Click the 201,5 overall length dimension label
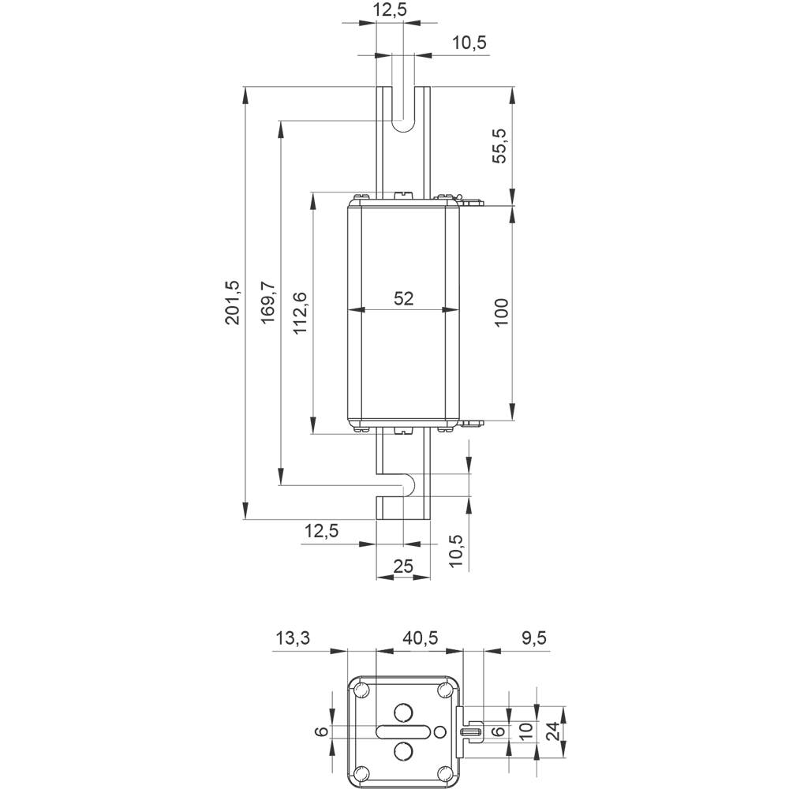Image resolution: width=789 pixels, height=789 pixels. pos(232,302)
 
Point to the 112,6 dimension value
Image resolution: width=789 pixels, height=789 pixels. pos(300,313)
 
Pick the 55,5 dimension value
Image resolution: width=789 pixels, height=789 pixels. pos(501,145)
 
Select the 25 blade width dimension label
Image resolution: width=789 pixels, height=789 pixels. pos(403,565)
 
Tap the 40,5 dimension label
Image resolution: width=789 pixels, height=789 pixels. pos(419,638)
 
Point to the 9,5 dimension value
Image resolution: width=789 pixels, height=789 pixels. pos(533,638)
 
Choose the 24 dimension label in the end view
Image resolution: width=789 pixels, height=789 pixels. pos(555,731)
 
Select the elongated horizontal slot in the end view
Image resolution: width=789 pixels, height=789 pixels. pos(404,731)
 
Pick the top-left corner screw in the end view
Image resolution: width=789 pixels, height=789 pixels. pos(361,691)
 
